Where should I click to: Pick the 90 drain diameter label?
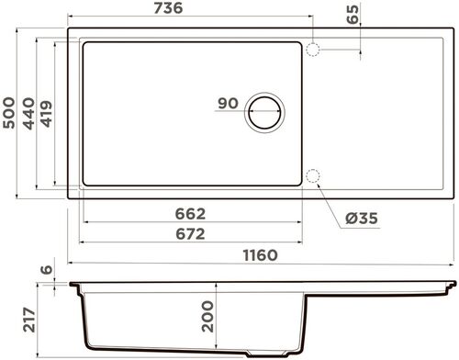coord(229,103)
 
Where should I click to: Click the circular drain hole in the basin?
coord(264,113)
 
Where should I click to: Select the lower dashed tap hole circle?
coord(312,176)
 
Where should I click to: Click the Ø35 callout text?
coord(364,218)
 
